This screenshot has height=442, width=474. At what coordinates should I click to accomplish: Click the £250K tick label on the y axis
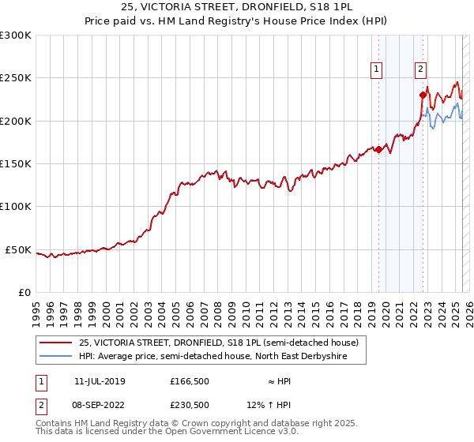pos(16,78)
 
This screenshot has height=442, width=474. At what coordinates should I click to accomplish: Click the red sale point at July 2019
pos(378,149)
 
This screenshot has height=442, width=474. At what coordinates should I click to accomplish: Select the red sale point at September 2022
pos(423,95)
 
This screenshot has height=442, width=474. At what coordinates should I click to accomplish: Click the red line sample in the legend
pos(55,343)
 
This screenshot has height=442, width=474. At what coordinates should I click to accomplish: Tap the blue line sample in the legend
pos(55,357)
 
